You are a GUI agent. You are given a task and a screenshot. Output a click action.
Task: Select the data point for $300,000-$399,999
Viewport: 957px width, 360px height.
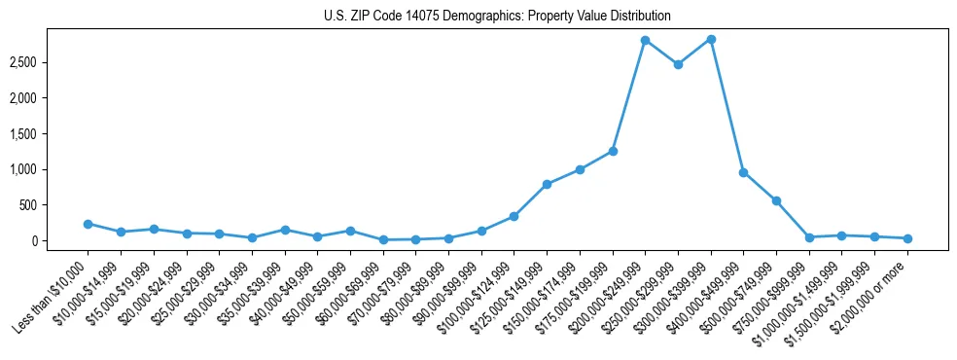tap(711, 39)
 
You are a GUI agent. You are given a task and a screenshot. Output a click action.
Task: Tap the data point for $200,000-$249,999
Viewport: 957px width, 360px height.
tap(645, 40)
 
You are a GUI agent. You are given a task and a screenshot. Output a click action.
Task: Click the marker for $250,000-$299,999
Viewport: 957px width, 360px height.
tap(678, 64)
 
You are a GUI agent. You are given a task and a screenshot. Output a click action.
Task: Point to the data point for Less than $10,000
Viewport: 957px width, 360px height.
tap(88, 224)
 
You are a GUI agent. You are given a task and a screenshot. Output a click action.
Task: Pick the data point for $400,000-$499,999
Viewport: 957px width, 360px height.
tap(743, 172)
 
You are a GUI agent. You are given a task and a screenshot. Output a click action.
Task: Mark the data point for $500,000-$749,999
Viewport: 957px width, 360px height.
tap(776, 200)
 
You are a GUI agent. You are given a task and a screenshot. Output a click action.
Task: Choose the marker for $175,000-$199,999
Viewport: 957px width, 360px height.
tap(613, 151)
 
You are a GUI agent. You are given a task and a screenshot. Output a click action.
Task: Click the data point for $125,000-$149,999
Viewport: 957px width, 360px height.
tap(547, 184)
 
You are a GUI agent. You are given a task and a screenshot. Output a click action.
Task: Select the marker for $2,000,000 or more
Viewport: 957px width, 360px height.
tap(907, 238)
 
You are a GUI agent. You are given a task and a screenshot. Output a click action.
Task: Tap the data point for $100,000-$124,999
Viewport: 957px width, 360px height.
tap(514, 216)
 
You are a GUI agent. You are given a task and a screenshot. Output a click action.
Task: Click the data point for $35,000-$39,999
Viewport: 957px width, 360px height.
tap(285, 230)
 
